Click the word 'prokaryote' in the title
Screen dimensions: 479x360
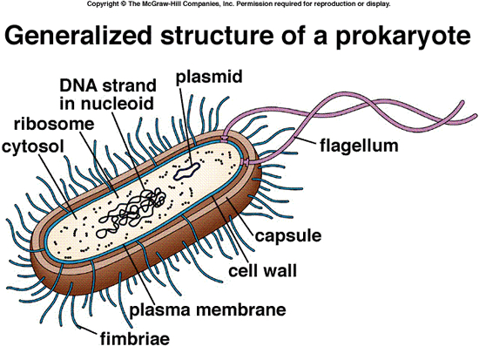pos(403,37)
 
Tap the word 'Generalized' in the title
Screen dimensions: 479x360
pos(78,36)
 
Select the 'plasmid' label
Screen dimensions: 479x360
pos(209,77)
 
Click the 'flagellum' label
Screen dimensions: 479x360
pos(359,145)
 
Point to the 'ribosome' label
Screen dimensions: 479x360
pos(54,124)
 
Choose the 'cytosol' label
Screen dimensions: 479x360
pos(33,146)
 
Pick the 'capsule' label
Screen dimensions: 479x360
pos(288,236)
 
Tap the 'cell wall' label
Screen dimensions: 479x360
pos(263,270)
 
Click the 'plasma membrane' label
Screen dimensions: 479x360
pos(208,310)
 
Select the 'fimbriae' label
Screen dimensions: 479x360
pos(135,338)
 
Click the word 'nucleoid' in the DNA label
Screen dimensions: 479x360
pos(117,103)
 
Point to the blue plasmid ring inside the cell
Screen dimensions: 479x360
pos(186,171)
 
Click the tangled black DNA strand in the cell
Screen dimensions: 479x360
pos(132,211)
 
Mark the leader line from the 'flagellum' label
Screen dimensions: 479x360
pos(305,140)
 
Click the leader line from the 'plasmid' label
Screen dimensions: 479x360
pos(186,126)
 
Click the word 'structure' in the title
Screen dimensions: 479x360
pos(217,36)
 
